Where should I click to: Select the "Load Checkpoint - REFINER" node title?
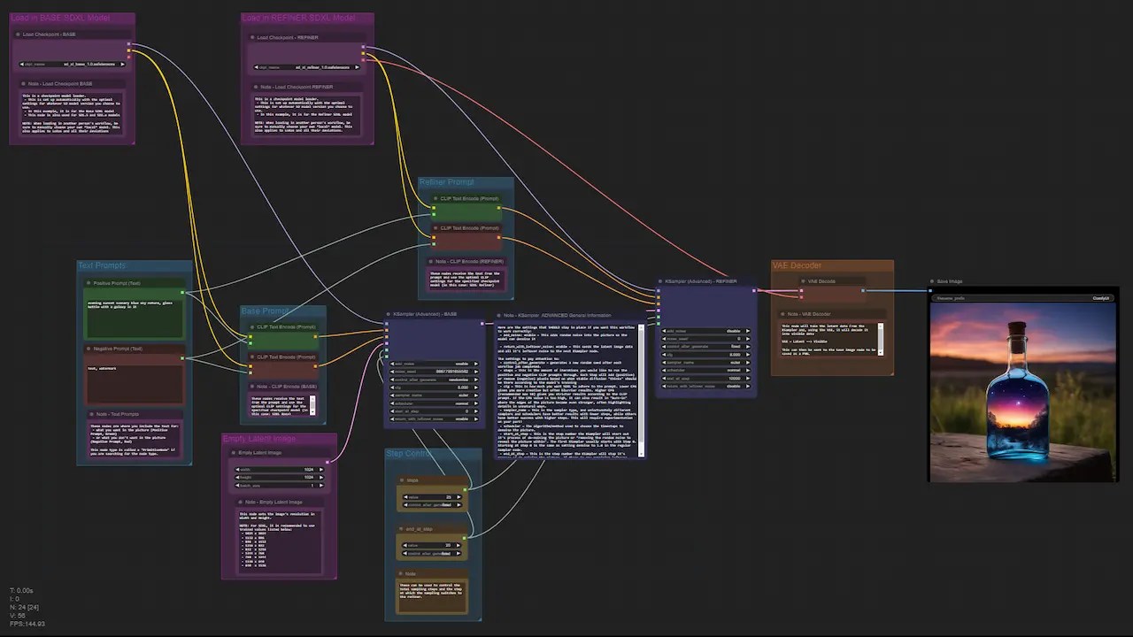[x=287, y=38]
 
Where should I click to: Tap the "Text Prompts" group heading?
[x=102, y=265]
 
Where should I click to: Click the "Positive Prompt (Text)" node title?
[x=116, y=283]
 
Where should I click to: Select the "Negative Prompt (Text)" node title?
[x=117, y=349]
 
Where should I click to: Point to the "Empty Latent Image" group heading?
[x=258, y=439]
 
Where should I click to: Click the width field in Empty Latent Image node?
[x=278, y=470]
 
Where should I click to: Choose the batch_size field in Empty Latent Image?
[x=278, y=485]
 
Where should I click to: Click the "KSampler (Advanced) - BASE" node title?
[x=425, y=314]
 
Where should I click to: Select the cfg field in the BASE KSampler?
[x=431, y=388]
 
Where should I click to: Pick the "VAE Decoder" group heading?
[x=797, y=265]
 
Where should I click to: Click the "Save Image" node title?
[x=949, y=281]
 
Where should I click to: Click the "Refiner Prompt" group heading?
[x=446, y=182]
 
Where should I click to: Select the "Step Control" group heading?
[x=409, y=454]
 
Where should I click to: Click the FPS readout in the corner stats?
[x=27, y=624]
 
